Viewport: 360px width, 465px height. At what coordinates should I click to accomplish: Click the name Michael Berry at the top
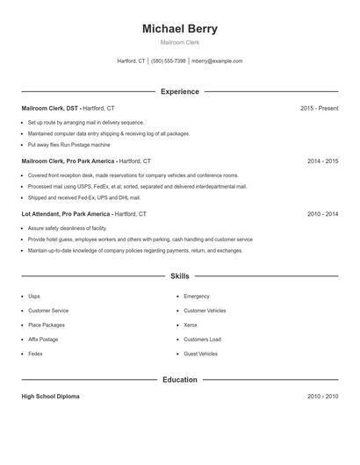[179, 29]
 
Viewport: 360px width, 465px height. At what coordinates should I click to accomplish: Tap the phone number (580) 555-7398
[169, 61]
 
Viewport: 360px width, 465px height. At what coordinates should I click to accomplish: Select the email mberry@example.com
[217, 61]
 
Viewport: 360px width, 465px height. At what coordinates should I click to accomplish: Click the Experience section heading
[179, 91]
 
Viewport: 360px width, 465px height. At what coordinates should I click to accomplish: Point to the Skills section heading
[179, 276]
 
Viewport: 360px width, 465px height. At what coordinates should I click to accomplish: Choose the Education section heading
[179, 380]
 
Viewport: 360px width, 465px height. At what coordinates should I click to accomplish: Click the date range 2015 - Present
[319, 109]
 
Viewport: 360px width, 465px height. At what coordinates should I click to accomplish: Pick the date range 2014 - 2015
[322, 161]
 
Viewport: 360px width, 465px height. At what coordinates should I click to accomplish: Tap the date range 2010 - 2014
[322, 214]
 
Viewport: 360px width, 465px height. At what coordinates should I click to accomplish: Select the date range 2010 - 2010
[322, 397]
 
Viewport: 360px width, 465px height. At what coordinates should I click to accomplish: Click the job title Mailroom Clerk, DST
[49, 109]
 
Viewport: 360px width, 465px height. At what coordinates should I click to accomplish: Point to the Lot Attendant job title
[65, 214]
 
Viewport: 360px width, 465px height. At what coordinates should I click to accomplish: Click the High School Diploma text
[50, 397]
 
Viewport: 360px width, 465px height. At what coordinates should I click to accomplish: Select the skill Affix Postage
[43, 340]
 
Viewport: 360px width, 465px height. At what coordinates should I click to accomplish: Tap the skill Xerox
[191, 325]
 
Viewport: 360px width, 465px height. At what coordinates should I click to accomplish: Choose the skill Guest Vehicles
[200, 354]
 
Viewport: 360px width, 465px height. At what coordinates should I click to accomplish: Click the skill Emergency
[197, 297]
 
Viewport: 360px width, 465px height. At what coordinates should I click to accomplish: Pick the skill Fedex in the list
[35, 354]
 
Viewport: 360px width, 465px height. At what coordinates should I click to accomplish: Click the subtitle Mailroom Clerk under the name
[179, 43]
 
